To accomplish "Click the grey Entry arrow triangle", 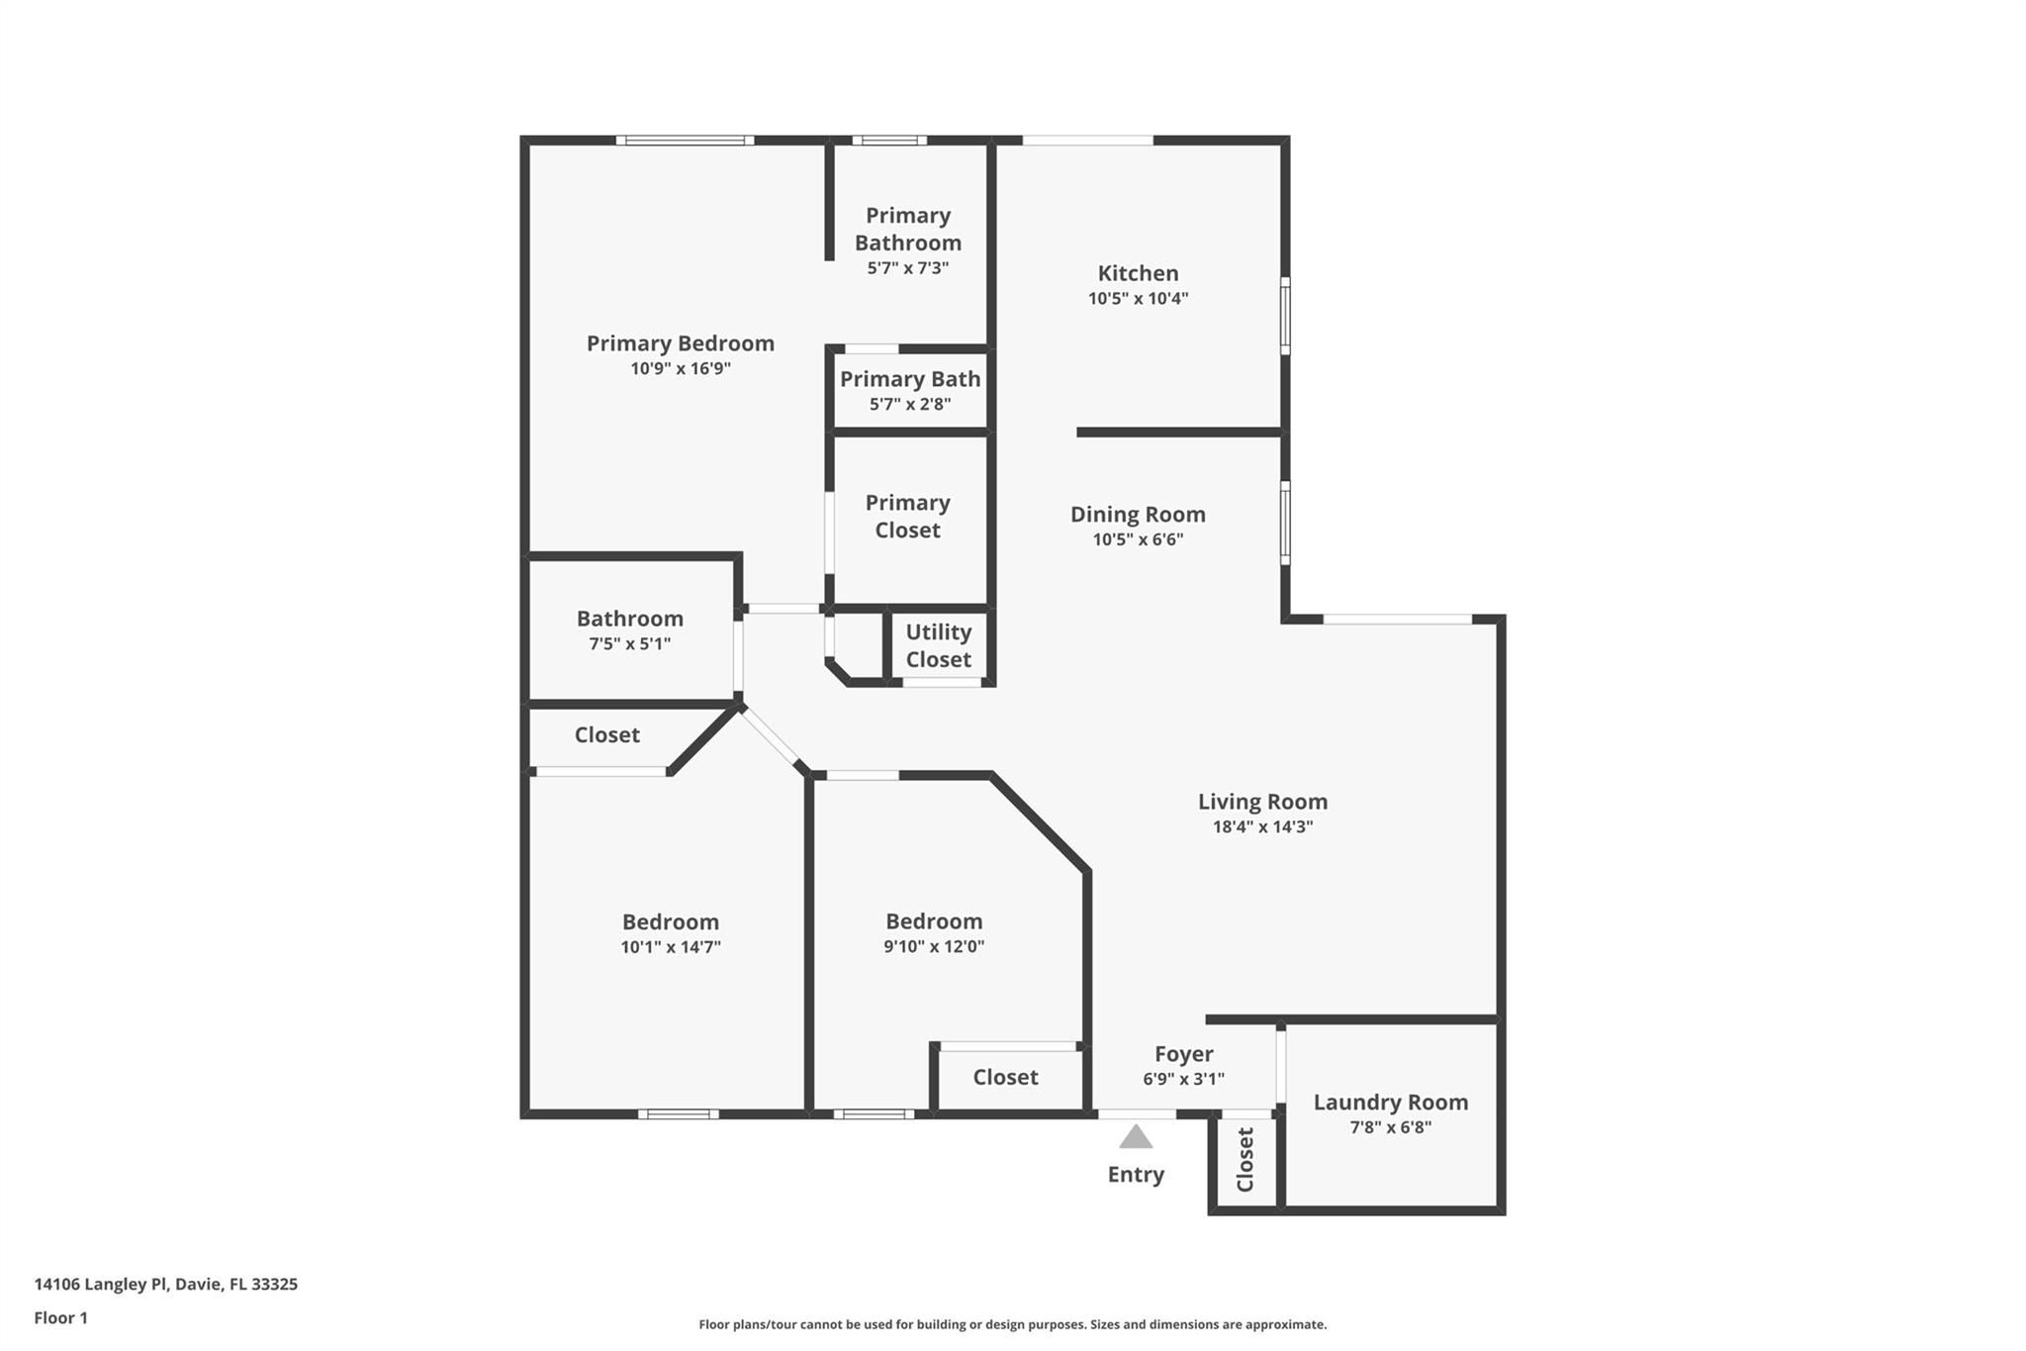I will (x=1136, y=1137).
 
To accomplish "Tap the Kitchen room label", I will (x=1138, y=273).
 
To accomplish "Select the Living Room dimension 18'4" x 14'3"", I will (x=1262, y=826).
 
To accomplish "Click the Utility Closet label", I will (x=938, y=645).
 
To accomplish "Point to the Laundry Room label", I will (x=1390, y=1102).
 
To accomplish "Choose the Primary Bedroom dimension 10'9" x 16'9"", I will (x=681, y=368).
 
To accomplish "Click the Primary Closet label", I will (x=907, y=516).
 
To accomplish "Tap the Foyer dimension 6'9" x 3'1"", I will (x=1183, y=1079).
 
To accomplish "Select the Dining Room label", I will (x=1138, y=514).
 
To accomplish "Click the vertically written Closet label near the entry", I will (x=1244, y=1159).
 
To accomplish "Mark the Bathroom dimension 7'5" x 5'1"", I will (x=629, y=643).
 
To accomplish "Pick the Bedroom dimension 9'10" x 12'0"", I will (x=933, y=946).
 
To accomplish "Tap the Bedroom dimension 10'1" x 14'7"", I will (x=670, y=947).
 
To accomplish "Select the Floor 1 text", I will (x=60, y=1317).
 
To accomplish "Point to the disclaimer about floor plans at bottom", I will (x=1012, y=1324).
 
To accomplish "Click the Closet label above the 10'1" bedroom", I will (x=606, y=734).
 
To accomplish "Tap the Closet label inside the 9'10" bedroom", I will (x=1005, y=1077).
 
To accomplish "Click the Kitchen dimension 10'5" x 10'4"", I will (x=1138, y=298).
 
